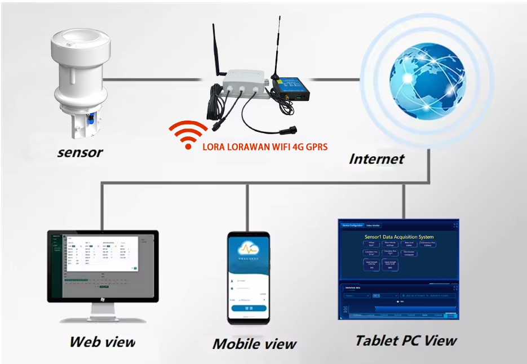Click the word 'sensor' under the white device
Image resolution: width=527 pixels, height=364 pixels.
point(80,153)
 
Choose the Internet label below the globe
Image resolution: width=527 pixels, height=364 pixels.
point(377,158)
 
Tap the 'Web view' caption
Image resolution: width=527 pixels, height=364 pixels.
point(102,341)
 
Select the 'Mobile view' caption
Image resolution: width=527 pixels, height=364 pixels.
point(254,343)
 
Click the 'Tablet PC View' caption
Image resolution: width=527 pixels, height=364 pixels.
point(406,340)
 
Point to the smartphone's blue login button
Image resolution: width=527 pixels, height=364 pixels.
point(247,309)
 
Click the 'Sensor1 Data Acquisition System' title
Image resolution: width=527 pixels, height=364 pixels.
point(398,237)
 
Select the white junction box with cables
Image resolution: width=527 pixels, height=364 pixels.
point(244,88)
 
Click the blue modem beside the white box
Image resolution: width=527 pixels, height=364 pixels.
point(290,90)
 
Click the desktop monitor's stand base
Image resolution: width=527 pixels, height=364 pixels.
point(103,319)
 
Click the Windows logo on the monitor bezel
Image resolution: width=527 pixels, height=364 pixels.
point(103,299)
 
